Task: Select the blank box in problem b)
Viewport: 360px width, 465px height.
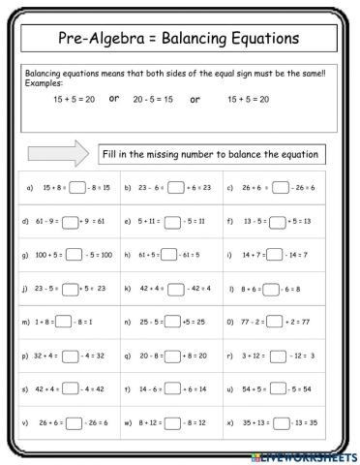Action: tap(175, 188)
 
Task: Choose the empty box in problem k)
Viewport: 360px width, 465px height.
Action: tap(175, 288)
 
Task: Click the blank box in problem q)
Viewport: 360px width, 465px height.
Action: tap(175, 355)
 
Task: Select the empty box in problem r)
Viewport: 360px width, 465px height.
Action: tap(276, 355)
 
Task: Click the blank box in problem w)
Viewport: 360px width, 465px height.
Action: tap(174, 421)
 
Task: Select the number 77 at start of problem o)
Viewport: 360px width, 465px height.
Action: tap(248, 321)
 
